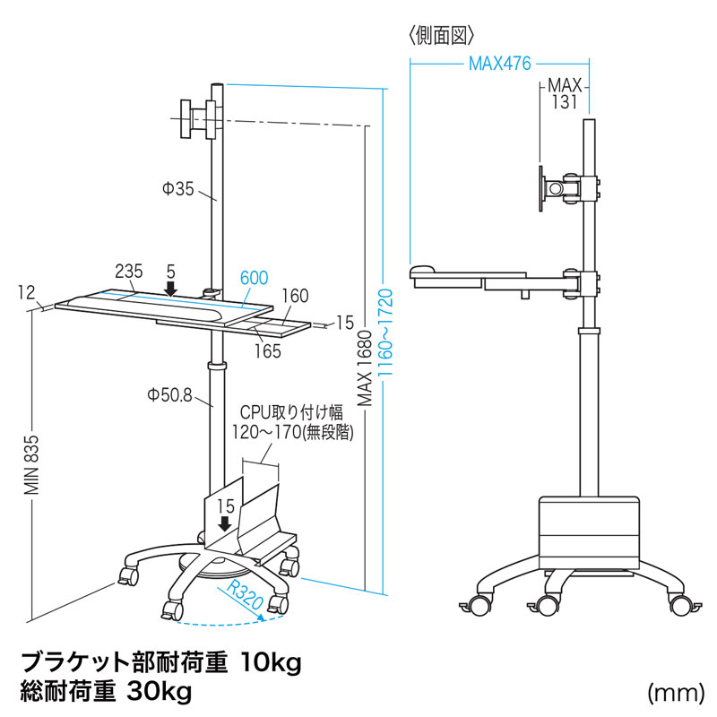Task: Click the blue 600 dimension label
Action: (254, 279)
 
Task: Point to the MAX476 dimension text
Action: (499, 64)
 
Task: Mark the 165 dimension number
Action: (267, 350)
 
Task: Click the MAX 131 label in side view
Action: (566, 95)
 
